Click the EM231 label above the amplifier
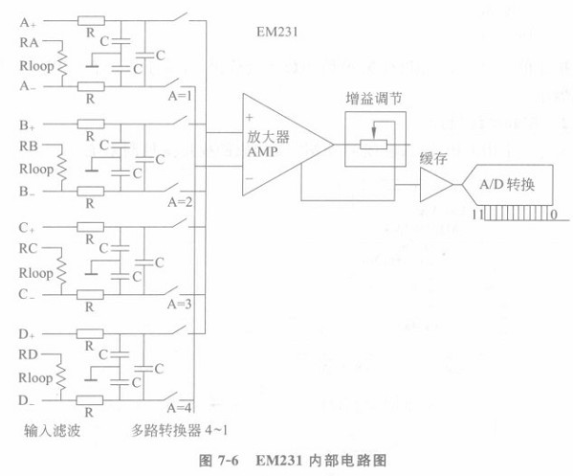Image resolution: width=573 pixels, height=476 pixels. pos(277,33)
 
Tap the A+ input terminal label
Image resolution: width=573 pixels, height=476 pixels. pos(28,23)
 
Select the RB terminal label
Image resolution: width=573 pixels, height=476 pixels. pos(29,146)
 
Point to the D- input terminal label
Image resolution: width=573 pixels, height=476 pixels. pos(27,400)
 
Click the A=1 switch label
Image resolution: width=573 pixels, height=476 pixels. pos(180,96)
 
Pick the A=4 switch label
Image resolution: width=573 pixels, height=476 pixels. pos(179,408)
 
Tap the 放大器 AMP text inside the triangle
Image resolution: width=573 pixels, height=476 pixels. pos(268,144)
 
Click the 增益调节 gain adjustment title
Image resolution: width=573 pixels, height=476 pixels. pos(373,99)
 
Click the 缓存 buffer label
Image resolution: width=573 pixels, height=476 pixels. pos(433,158)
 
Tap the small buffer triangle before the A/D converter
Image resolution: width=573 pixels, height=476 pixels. pos(436,185)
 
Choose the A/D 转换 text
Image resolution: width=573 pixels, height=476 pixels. pos(507,184)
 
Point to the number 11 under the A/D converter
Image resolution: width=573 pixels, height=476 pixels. pos(477,215)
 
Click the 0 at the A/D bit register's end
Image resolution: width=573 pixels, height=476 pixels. pos(554,215)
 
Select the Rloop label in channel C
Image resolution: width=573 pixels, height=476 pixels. pos(35,273)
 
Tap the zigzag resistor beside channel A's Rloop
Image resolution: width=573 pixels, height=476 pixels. pos(62,64)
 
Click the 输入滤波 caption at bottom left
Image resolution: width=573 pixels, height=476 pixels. pos(52,431)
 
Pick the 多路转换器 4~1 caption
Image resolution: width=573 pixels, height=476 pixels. pos(180,430)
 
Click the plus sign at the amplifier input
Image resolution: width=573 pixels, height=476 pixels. pos(250,117)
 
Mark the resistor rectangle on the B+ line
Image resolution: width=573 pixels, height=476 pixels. pos(91,125)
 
